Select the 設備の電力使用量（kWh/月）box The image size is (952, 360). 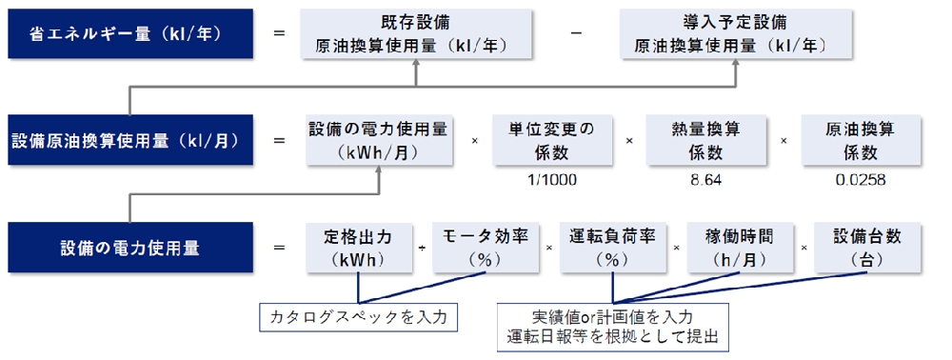coord(380,140)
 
